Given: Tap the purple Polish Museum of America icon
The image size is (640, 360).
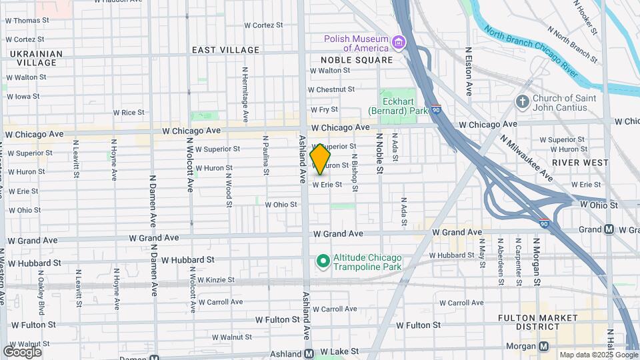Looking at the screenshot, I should (399, 43).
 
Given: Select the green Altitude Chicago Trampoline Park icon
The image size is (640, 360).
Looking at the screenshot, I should (323, 261).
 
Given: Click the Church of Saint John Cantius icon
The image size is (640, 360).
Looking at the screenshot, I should (523, 102).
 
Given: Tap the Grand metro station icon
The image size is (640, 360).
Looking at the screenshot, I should (609, 229).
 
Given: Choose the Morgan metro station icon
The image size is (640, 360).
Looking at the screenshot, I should (544, 346).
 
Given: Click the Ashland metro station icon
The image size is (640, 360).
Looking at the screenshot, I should (309, 353).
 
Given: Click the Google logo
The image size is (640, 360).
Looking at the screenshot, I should (22, 351).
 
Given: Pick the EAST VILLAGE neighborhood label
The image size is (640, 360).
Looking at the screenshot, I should (225, 50).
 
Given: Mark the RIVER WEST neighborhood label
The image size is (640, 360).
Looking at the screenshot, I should (580, 162).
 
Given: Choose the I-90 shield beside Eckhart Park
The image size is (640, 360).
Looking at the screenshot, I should (435, 109).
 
